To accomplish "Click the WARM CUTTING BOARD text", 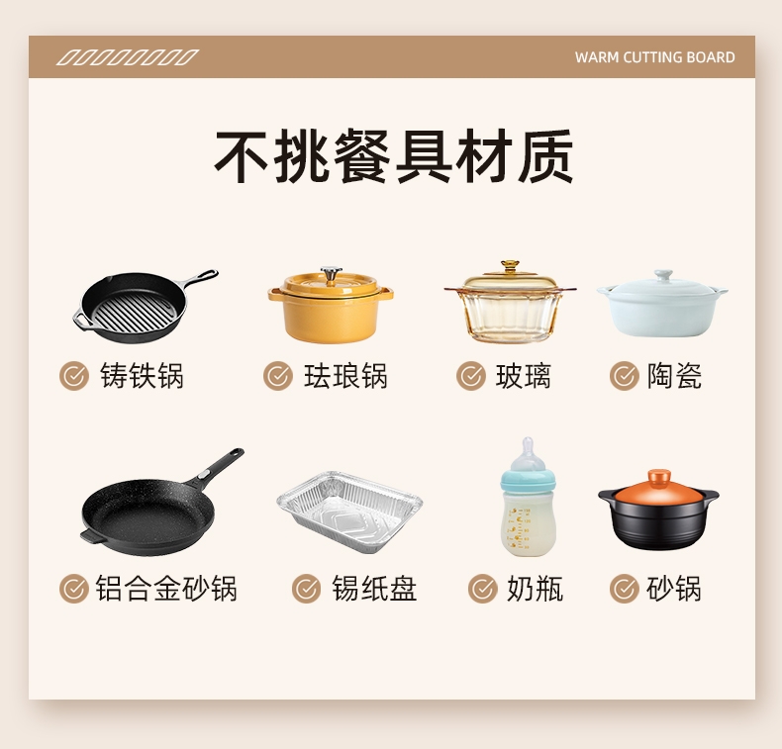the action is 655,57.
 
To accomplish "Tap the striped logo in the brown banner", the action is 128,57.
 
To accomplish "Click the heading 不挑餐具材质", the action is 394,156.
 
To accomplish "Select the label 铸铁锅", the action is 143,375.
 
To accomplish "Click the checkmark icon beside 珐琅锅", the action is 278,376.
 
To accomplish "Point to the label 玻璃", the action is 524,376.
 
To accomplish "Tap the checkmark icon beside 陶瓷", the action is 624,376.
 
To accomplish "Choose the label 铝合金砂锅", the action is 166,588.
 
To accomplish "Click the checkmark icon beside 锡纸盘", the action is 306,589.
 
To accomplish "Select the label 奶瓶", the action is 535,589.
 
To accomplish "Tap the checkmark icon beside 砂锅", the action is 624,589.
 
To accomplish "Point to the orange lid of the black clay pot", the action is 658,487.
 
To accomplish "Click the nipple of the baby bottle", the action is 528,452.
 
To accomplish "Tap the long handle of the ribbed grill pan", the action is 201,278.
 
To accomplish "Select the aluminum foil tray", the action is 349,512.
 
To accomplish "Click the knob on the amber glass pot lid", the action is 510,266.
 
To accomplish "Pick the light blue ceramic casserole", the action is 662,304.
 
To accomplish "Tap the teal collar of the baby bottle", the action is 528,481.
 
